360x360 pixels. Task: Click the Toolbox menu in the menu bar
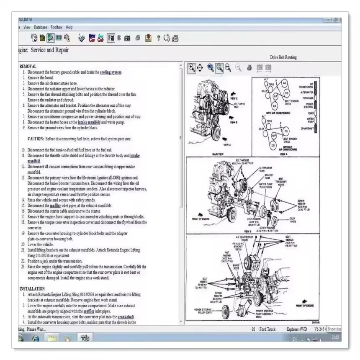coord(57,27)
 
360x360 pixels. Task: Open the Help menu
coord(69,27)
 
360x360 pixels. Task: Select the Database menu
coord(41,27)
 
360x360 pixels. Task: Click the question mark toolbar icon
coord(158,39)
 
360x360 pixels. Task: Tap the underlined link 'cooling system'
coord(111,72)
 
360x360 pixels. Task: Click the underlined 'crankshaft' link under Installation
coord(126,316)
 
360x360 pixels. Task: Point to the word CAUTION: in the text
coord(36,139)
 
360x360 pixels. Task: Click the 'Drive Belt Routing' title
coord(283,57)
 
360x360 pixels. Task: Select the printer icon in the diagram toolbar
coord(249,67)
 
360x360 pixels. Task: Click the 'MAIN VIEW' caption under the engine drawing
coord(218,154)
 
